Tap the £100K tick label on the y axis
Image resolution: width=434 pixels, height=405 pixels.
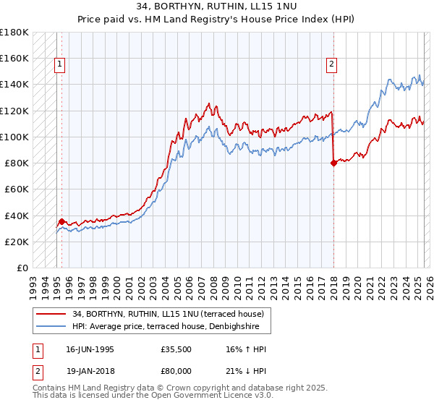pos(14,137)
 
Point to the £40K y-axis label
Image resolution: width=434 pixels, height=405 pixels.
pos(16,216)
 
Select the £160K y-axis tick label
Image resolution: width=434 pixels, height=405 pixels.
pos(14,58)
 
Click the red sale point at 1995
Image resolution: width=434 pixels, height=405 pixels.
pos(62,221)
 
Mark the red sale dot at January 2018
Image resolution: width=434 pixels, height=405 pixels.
pos(333,163)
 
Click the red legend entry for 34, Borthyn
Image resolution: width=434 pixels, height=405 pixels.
pos(172,314)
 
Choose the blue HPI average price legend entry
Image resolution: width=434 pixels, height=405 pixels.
pos(170,327)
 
